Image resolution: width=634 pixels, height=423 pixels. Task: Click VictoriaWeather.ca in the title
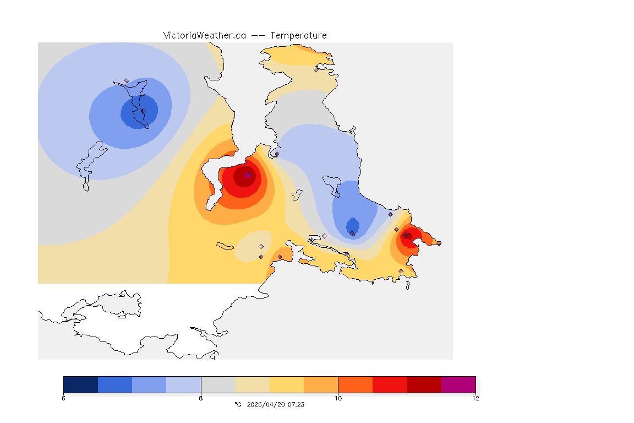pos(204,35)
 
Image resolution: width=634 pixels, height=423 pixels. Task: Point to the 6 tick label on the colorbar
pos(64,398)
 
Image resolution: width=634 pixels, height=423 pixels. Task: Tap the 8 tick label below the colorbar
pos(201,398)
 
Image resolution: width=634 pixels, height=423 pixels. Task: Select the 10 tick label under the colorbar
pos(338,398)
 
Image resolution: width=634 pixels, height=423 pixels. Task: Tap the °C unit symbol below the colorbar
pos(238,404)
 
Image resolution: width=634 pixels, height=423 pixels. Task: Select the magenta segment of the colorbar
pos(458,384)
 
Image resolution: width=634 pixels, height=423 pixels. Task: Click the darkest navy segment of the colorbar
pos(80,384)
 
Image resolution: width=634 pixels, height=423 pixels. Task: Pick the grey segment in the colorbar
pos(218,384)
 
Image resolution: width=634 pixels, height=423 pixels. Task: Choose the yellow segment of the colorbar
pos(287,384)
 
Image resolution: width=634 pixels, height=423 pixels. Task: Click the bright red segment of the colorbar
pos(390,384)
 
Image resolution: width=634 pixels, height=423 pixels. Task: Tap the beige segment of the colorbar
pos(252,384)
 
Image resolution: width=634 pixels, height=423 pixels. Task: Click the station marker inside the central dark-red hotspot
pos(249,175)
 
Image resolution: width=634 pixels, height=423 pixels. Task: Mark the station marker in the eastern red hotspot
pos(405,235)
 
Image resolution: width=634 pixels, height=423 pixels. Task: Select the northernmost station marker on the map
pos(316,69)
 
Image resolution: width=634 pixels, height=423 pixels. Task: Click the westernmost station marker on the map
pos(127,80)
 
